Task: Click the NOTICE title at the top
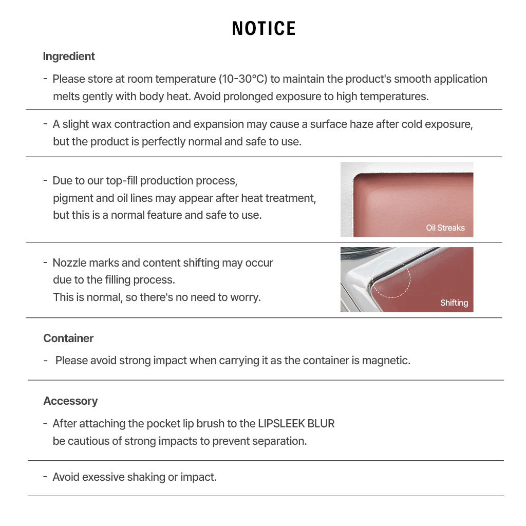[264, 29]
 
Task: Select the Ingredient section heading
[69, 57]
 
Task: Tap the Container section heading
[68, 338]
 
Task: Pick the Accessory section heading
[70, 401]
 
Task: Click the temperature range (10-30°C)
[243, 79]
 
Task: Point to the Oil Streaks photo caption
[445, 228]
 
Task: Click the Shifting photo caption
[454, 303]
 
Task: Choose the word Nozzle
[70, 263]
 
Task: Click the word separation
[279, 441]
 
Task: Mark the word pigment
[71, 198]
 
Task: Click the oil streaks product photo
[406, 199]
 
